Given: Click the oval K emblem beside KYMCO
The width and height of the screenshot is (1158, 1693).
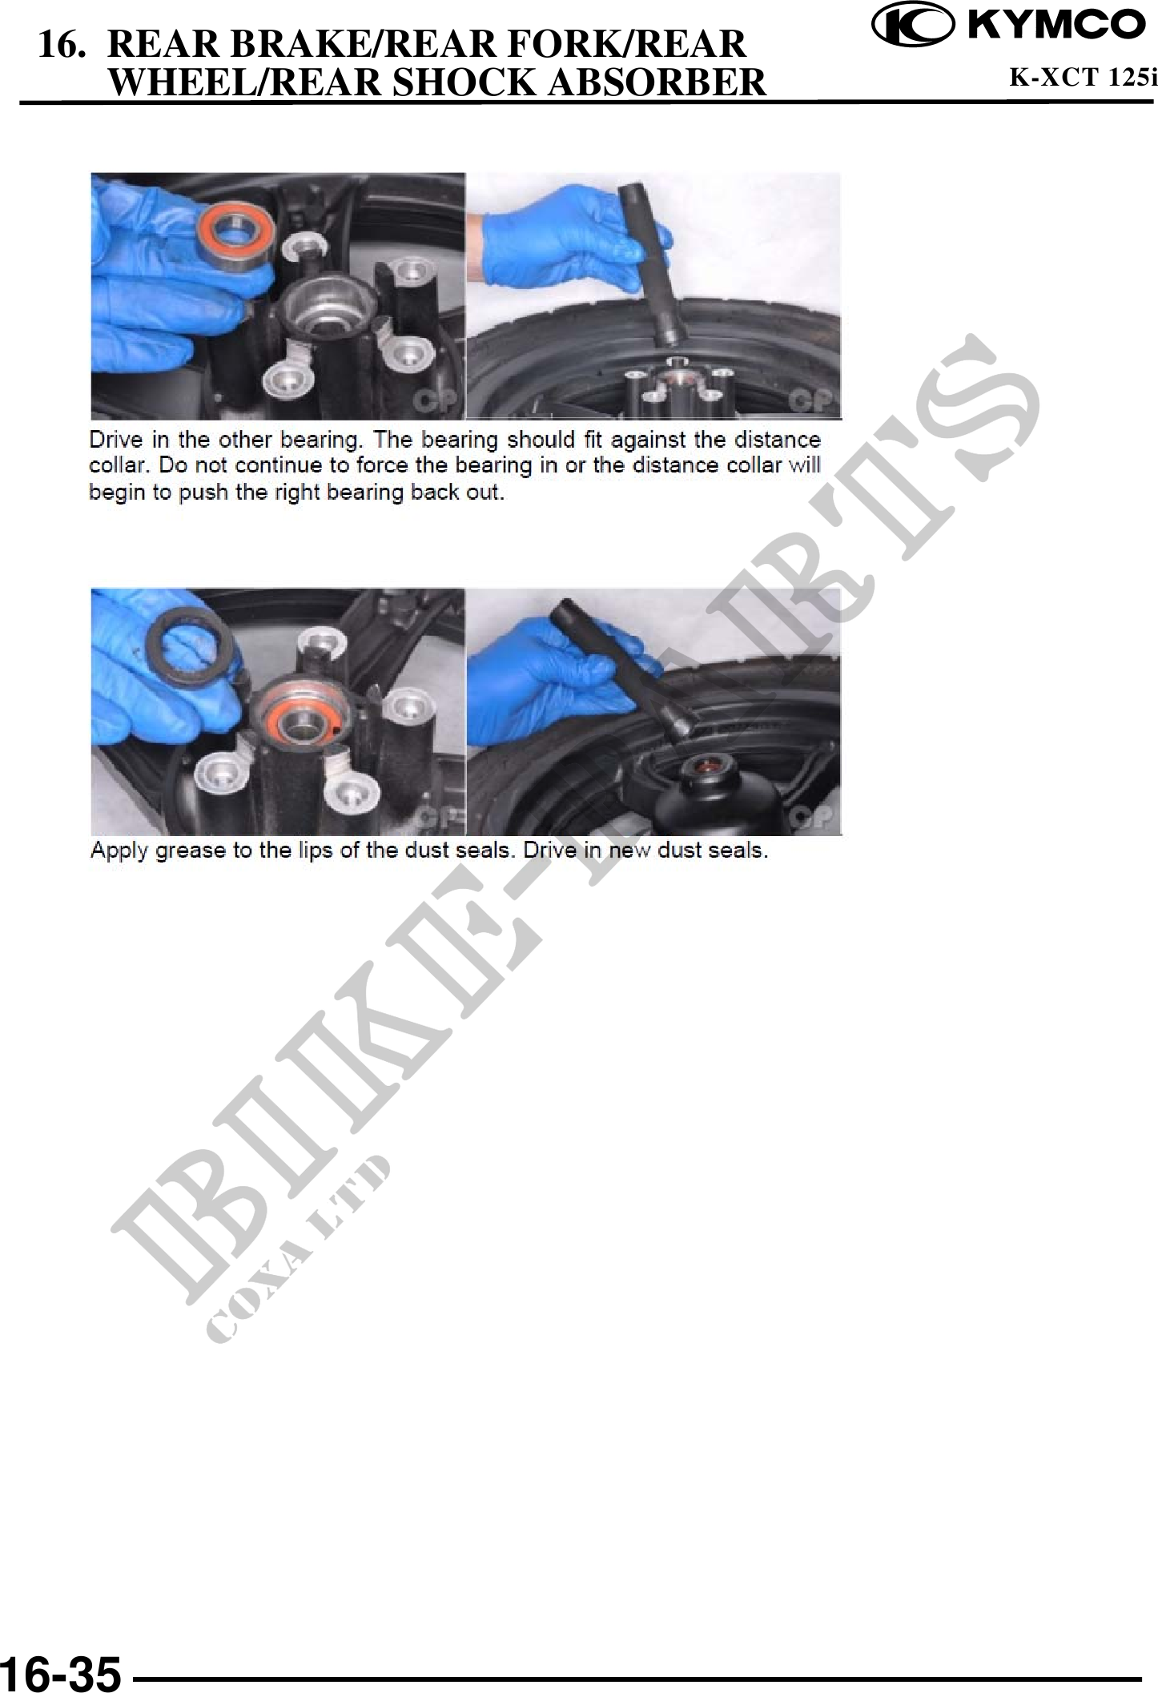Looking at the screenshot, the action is coord(914,26).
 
